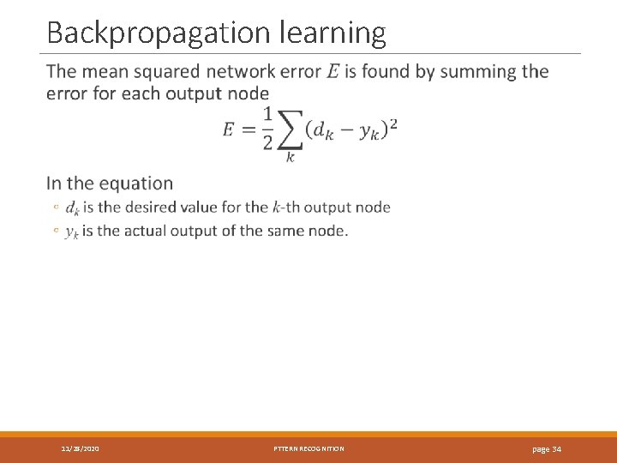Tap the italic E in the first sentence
click(x=332, y=72)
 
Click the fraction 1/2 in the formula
click(x=267, y=129)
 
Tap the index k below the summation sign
click(x=290, y=158)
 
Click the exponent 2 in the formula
click(x=392, y=124)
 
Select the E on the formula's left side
click(x=229, y=130)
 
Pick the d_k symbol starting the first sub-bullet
click(x=73, y=207)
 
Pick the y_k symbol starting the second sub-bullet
click(x=72, y=231)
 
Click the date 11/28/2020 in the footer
click(x=80, y=449)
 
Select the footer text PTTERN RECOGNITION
click(x=308, y=449)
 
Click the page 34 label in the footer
click(x=547, y=449)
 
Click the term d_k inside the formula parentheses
click(x=324, y=131)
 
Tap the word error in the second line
click(x=68, y=93)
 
